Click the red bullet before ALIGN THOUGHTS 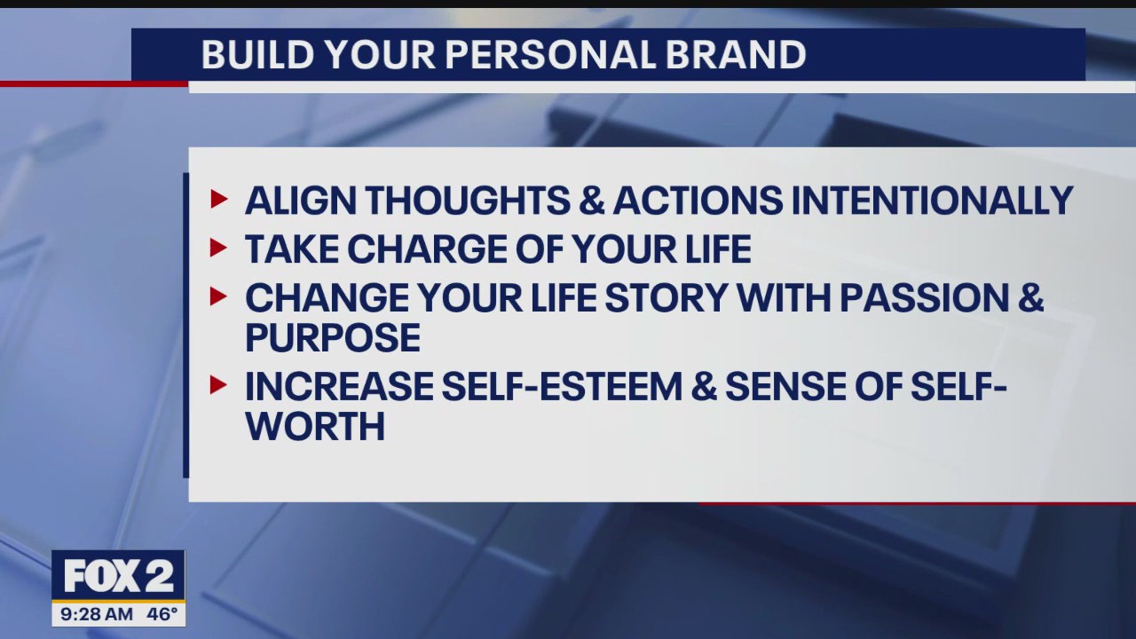click(219, 200)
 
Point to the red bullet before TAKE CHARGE click(219, 248)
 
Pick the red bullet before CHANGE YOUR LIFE click(219, 297)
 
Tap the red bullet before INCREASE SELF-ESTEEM click(219, 385)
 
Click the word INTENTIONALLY click(932, 201)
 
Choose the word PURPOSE click(333, 338)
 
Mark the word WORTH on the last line click(315, 427)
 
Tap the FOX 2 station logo click(118, 577)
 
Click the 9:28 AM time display click(97, 614)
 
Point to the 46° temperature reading click(162, 614)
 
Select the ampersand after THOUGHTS click(590, 201)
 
